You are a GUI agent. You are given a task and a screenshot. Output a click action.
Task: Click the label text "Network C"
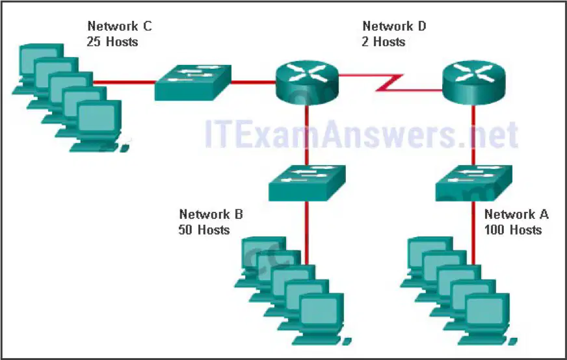120,26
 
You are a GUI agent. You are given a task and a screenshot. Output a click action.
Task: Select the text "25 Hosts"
112,42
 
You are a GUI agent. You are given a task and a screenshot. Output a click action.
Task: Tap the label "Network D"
394,26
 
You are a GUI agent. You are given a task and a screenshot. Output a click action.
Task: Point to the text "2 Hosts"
383,42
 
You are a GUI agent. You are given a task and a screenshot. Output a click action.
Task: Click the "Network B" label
211,214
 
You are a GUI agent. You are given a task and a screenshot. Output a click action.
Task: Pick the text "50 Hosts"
204,230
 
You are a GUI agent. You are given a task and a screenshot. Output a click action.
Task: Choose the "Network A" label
516,214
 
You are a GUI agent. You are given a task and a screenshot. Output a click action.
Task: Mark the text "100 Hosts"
513,230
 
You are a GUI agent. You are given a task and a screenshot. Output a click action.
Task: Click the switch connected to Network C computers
192,83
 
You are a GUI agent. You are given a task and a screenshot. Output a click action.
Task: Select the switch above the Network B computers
307,183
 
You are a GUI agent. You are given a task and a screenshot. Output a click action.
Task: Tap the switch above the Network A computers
474,183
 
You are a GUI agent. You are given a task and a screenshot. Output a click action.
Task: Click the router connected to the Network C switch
307,83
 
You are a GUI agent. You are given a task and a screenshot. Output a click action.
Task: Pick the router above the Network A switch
474,83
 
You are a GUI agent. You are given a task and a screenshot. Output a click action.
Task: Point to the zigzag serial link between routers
389,83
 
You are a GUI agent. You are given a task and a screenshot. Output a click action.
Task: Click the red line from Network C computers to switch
124,83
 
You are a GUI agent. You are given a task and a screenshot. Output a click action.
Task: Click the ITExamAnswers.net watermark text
361,134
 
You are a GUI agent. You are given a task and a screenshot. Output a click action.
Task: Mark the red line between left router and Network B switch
307,135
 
